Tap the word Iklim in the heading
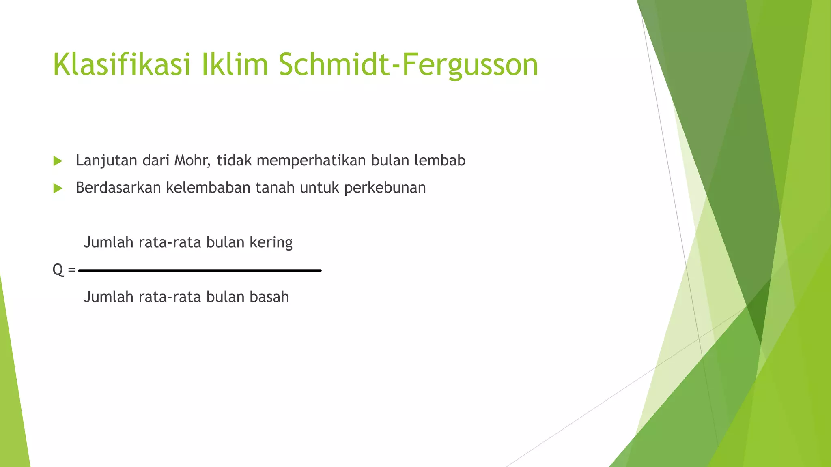235,64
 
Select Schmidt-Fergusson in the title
408,64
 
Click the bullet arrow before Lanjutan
58,161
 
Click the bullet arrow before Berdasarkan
58,189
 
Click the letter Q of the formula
58,270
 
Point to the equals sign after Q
72,270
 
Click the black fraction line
200,270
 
